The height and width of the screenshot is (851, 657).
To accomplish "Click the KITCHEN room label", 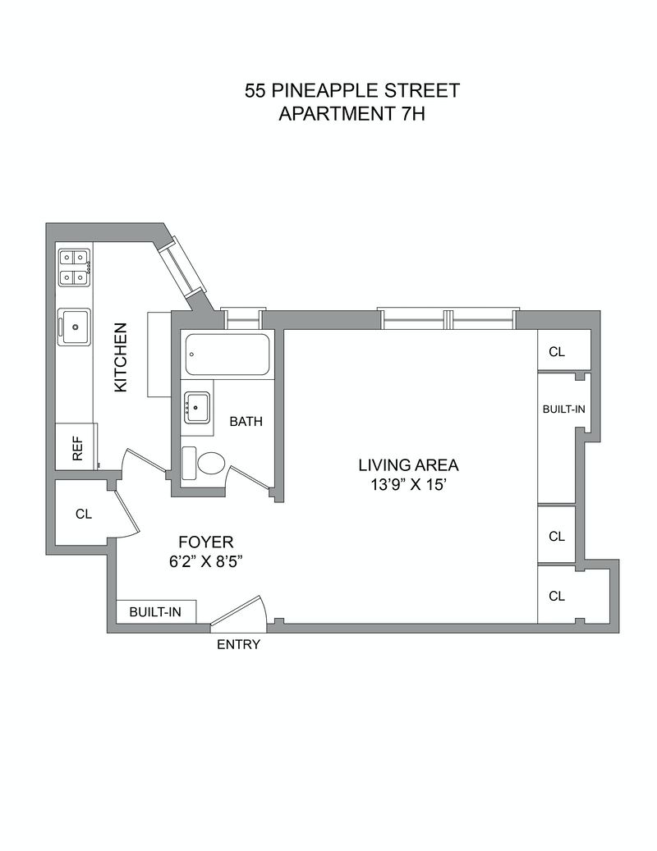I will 121,357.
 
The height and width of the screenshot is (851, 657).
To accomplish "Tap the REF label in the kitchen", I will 78,448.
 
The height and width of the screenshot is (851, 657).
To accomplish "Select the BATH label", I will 246,422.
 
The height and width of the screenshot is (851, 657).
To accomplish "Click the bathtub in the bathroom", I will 227,355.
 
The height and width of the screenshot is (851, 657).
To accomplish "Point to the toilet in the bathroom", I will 209,463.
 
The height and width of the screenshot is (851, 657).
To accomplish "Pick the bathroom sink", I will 196,406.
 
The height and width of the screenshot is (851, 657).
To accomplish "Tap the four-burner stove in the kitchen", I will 74,267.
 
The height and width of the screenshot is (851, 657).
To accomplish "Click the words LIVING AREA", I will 408,465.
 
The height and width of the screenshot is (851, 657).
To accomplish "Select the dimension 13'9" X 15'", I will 408,485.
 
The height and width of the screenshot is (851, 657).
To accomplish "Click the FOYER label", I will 206,542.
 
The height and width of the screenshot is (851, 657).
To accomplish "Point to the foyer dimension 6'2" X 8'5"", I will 206,562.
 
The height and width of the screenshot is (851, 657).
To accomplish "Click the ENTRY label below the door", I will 238,645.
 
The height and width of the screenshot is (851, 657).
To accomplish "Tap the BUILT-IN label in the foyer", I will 156,612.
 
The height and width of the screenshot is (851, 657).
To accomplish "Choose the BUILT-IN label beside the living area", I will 563,408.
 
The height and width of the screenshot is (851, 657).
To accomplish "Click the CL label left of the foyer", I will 83,515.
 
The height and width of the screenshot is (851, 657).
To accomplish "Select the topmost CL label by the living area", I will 557,352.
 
